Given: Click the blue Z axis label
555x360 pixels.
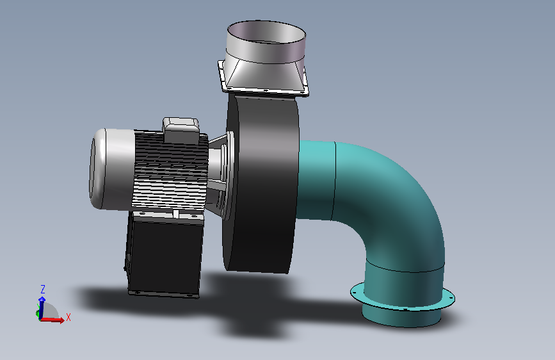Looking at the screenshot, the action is click(43, 289).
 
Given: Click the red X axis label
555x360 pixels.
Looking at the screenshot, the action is click(68, 317).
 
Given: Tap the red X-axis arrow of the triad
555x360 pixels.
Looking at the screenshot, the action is click(52, 320).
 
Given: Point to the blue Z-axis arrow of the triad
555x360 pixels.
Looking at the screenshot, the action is click(42, 307).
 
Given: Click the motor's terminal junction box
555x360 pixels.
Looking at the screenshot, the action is click(181, 129).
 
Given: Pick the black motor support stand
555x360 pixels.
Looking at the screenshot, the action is click(163, 254).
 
